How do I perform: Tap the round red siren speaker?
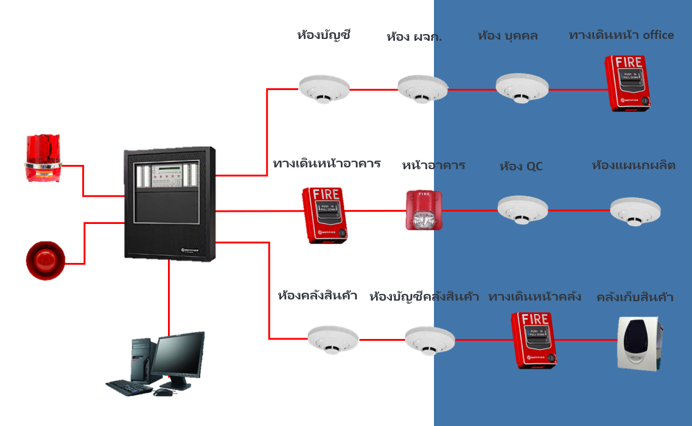tap(45, 260)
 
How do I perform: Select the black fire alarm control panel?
tap(170, 203)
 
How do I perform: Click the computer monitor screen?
tap(178, 355)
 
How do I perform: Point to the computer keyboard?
tap(128, 387)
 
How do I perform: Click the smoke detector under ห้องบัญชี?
tap(324, 89)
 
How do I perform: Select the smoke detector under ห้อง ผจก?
tap(423, 89)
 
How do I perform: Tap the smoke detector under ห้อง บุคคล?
tap(522, 89)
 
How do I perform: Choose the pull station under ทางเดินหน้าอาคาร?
tap(323, 215)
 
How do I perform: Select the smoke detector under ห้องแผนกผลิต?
tap(635, 211)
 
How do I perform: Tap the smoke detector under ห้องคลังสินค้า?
tap(332, 339)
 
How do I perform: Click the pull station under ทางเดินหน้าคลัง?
tap(534, 340)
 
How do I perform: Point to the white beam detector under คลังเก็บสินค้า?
tap(639, 343)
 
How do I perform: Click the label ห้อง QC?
tap(521, 166)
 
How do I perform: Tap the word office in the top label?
tap(654, 35)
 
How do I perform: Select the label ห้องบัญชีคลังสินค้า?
tap(424, 297)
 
